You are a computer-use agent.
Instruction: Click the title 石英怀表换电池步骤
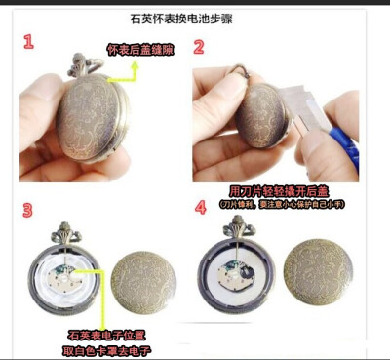click(x=194, y=18)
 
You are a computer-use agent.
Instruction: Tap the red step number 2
click(x=199, y=47)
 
